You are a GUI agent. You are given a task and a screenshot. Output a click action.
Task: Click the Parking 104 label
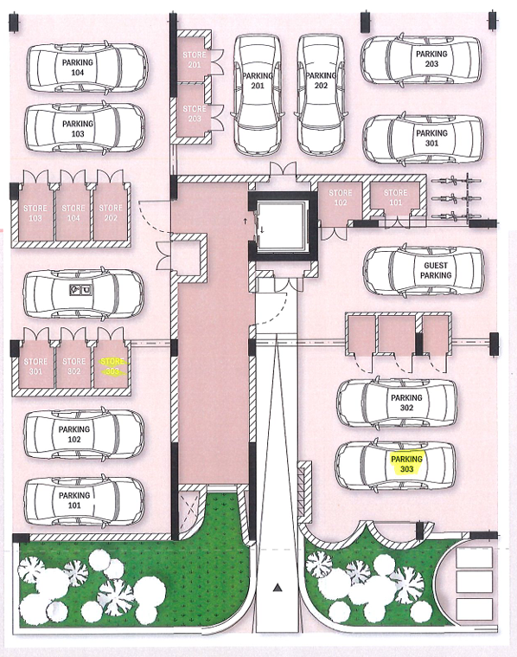point(78,69)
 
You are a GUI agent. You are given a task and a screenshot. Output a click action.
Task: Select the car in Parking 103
point(84,129)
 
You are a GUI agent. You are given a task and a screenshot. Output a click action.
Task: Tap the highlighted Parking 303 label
point(407,463)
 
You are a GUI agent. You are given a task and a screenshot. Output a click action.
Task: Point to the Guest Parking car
point(423,271)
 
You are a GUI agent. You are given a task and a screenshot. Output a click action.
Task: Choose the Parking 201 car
point(257,93)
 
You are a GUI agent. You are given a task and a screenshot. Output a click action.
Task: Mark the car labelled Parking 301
point(422,138)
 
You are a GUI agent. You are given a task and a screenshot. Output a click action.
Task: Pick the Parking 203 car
point(420,59)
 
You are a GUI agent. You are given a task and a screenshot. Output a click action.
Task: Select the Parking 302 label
point(406,403)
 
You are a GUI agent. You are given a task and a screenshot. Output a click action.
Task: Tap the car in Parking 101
point(84,500)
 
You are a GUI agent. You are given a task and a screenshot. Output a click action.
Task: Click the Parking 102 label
point(75,434)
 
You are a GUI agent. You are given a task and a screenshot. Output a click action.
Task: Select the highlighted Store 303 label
point(111,365)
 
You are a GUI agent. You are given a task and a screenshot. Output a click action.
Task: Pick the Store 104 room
point(73,212)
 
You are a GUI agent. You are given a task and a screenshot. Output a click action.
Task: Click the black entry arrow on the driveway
point(278,588)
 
